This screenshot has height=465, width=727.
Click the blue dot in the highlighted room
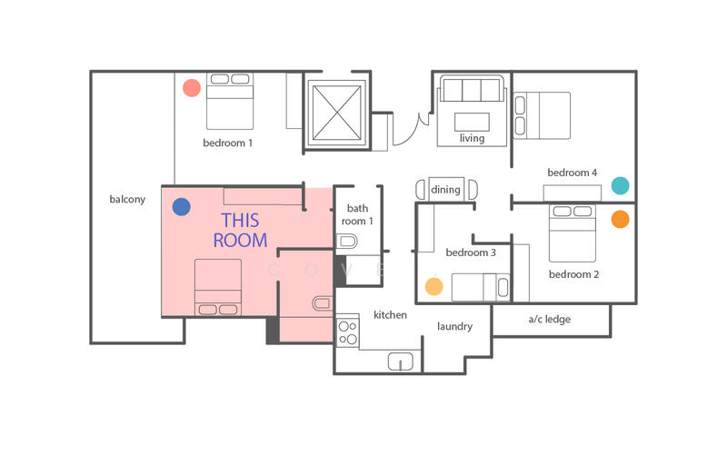(x=182, y=207)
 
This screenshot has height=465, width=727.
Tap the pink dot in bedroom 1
(x=191, y=88)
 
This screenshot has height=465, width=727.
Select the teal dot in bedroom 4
(x=620, y=185)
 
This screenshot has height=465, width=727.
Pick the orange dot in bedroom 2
(x=620, y=219)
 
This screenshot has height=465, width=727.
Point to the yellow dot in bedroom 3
(x=434, y=286)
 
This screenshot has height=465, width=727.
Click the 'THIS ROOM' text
(x=240, y=231)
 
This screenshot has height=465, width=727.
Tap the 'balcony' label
(x=127, y=200)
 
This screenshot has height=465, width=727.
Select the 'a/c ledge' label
(x=550, y=320)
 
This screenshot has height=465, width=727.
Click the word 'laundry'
(x=454, y=326)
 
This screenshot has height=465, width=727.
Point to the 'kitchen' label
(x=390, y=315)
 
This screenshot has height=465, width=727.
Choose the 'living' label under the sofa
(x=472, y=139)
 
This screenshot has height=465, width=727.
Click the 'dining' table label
(x=445, y=190)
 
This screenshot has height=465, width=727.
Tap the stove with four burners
(x=348, y=331)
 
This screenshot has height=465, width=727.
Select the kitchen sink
(x=401, y=361)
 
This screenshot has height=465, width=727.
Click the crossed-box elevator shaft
(x=336, y=114)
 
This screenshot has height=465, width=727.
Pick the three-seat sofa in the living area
(x=471, y=91)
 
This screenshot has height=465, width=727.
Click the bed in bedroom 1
(x=230, y=100)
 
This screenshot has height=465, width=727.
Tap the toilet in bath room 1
(x=346, y=242)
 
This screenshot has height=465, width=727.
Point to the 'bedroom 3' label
(x=470, y=252)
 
